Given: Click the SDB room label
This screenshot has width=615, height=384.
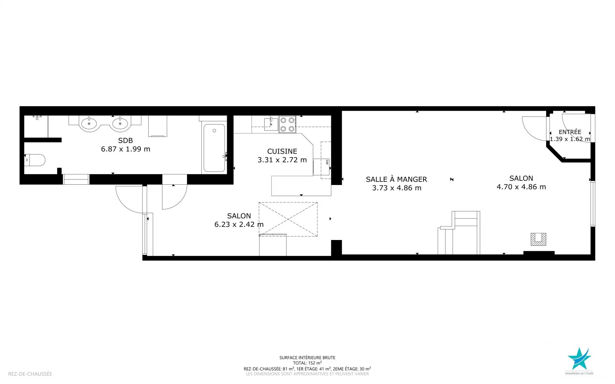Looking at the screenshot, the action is [126, 140].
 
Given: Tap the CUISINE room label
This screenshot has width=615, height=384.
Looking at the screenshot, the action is [282, 151].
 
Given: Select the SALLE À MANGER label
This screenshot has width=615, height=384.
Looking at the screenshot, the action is [397, 179].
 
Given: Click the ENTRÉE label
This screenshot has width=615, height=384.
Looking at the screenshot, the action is [570, 132].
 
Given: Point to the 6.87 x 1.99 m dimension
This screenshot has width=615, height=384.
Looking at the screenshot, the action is [126, 149].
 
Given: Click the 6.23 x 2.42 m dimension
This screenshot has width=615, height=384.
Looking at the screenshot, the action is [239, 225].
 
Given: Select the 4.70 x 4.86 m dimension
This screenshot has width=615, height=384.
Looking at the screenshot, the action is [521, 187].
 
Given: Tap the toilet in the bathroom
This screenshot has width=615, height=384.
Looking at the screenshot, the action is [35, 160].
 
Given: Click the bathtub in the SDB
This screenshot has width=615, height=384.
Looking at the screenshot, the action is [214, 148].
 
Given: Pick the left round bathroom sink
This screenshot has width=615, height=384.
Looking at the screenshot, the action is [89, 124].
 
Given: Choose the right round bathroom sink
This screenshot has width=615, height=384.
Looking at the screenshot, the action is [120, 124].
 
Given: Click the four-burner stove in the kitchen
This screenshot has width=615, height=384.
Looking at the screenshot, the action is [287, 124].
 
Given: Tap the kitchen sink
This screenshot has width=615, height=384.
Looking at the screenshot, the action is [271, 124].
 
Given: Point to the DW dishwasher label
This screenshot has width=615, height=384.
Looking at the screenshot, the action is [327, 162].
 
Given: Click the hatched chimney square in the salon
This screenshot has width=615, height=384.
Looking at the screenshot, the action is [538, 239].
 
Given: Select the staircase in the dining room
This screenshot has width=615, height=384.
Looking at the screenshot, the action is [459, 233].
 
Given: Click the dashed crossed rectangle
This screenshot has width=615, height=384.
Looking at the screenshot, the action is [288, 219].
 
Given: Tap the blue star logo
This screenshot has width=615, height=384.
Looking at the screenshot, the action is [579, 358].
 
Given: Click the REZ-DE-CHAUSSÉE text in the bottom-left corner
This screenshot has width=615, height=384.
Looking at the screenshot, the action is [30, 374].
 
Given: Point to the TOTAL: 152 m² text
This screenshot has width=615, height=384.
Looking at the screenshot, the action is [307, 363].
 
